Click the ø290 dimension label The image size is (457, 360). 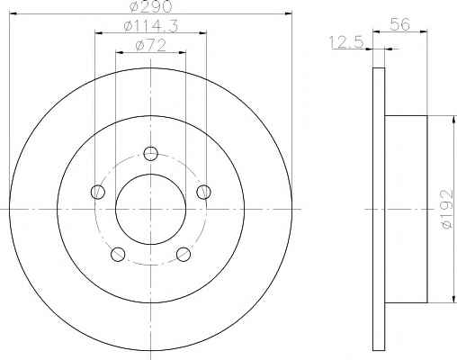(151, 6)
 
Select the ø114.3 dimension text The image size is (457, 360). (151, 26)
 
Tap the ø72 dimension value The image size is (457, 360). (151, 46)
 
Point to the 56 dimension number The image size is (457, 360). (400, 24)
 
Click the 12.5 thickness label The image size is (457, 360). (346, 41)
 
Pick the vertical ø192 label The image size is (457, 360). (447, 209)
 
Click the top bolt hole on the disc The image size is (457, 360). (150, 154)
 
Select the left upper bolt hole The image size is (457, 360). (98, 192)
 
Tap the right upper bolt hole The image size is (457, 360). (203, 192)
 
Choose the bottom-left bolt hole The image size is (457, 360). (118, 254)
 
